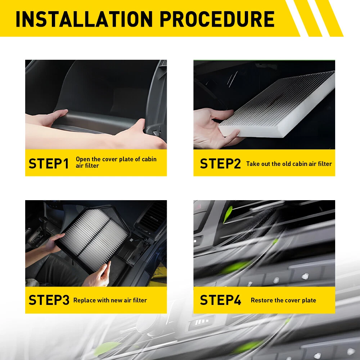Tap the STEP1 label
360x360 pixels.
[49, 163]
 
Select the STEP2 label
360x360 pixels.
[220, 163]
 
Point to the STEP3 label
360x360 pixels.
[49, 300]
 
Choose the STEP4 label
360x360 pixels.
[220, 300]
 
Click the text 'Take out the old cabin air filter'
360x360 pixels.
[289, 164]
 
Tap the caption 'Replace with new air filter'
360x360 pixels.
[110, 300]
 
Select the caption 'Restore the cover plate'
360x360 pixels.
[283, 300]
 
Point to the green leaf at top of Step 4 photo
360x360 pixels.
[228, 214]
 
